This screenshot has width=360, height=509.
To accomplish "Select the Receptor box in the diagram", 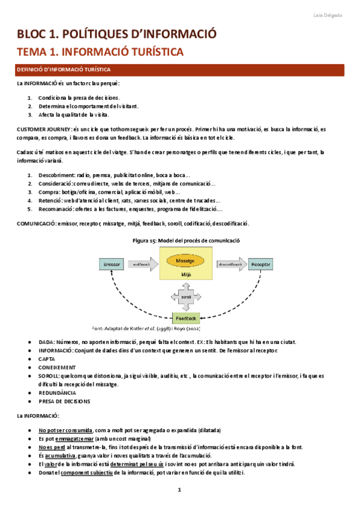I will (260, 264).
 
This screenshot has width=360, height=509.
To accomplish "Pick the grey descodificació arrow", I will (231, 264).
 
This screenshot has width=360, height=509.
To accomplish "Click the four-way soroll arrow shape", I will (185, 297).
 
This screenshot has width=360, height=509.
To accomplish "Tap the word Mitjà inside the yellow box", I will (185, 274).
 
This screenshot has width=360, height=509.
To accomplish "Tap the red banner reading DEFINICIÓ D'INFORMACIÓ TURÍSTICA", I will (180, 70).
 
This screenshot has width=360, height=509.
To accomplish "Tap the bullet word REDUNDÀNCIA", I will (59, 393).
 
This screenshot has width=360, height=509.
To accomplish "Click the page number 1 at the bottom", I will (179, 491).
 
